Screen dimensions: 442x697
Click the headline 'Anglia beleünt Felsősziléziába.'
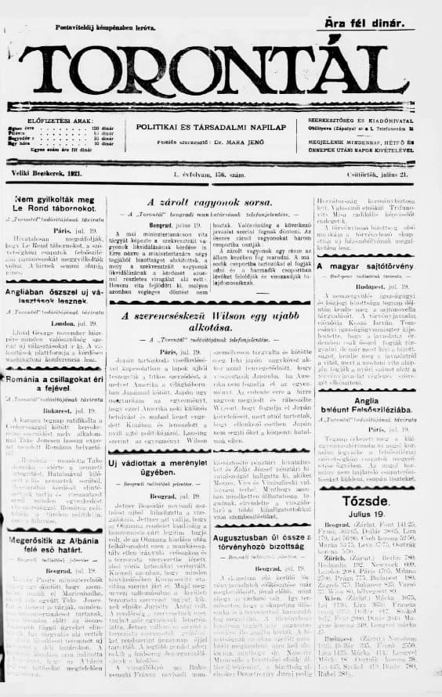[381, 404]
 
